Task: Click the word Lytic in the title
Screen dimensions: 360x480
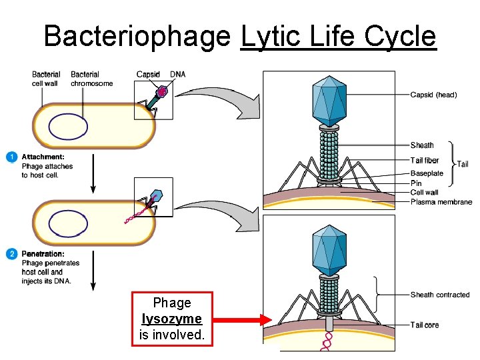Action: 271,36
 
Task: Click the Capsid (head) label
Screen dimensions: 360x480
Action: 433,95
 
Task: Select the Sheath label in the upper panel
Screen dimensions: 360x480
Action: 422,145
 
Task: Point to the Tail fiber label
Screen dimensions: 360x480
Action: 425,160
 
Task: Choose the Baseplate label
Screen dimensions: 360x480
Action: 427,173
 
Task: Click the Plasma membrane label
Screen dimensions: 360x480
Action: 441,202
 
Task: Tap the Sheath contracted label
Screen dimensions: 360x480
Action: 440,295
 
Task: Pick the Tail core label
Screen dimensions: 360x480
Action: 425,325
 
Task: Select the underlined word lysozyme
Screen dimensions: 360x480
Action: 172,319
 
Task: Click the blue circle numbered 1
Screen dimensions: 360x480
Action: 11,157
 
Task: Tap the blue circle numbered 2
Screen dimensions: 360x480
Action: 11,254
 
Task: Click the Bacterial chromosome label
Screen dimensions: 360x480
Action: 91,79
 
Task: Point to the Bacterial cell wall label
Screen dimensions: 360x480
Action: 46,79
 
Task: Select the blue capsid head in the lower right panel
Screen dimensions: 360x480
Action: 329,250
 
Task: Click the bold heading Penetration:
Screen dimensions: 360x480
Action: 43,254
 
